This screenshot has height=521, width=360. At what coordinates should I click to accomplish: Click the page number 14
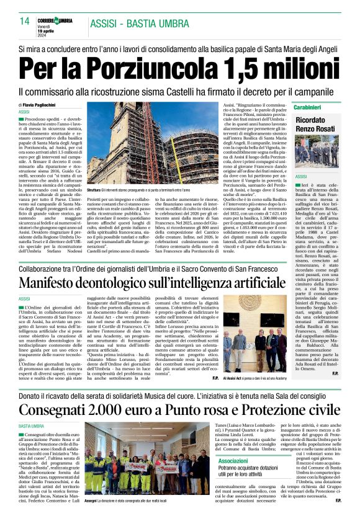click(x=25, y=20)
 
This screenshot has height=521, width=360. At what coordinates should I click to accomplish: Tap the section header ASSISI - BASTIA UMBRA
click(x=139, y=24)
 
